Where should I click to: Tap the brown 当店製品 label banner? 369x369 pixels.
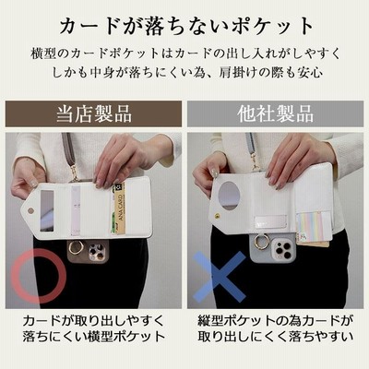pyautogui.click(x=93, y=113)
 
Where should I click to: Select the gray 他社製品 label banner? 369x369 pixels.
pyautogui.click(x=275, y=113)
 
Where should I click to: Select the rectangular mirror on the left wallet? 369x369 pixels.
pyautogui.click(x=47, y=210)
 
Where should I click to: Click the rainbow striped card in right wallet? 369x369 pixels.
pyautogui.click(x=311, y=227)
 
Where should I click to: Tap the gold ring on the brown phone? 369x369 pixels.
pyautogui.click(x=75, y=247)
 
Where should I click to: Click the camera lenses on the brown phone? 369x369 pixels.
pyautogui.click(x=95, y=250)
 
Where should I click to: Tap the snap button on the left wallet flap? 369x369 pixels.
pyautogui.click(x=30, y=210)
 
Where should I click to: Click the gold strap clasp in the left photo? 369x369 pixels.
pyautogui.click(x=74, y=172)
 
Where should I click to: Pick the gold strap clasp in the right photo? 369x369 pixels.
pyautogui.click(x=255, y=165)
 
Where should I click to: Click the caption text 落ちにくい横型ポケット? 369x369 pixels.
pyautogui.click(x=94, y=337)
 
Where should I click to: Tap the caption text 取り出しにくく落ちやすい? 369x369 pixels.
pyautogui.click(x=275, y=337)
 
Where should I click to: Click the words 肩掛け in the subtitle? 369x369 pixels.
pyautogui.click(x=234, y=73)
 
